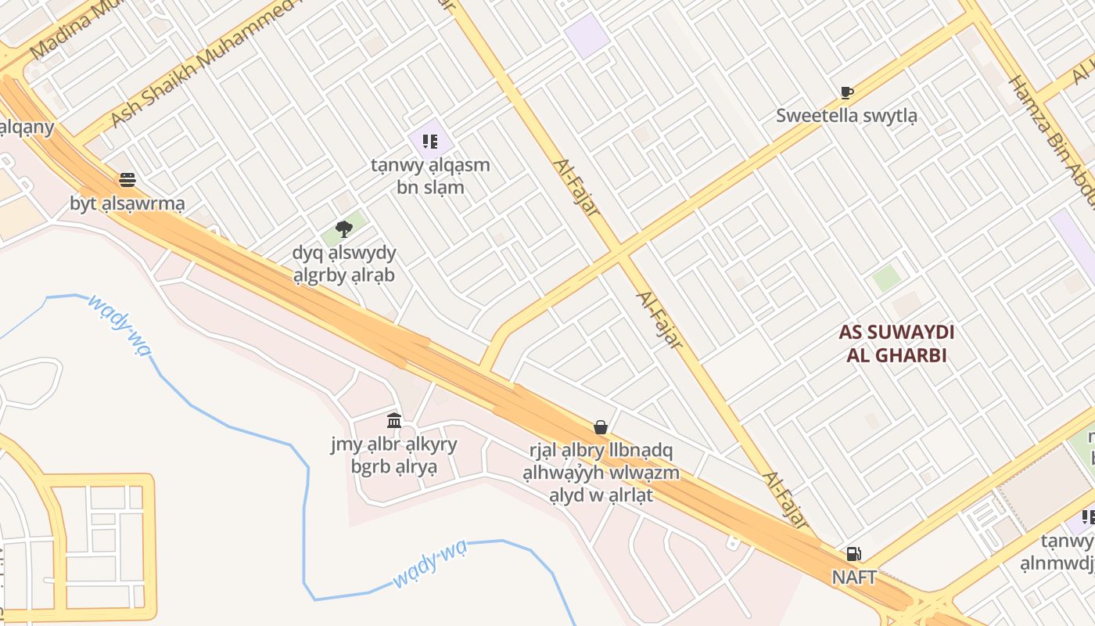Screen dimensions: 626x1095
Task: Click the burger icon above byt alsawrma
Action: [x=127, y=180]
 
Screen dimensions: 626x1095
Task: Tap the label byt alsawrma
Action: [x=127, y=204]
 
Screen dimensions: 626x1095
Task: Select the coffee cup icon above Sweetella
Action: [x=846, y=92]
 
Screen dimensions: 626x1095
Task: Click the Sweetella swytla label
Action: [x=846, y=116]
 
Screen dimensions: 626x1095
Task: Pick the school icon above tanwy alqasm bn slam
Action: [x=430, y=142]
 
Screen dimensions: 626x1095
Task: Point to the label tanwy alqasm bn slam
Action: [x=430, y=176]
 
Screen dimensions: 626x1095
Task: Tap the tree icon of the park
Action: [x=343, y=228]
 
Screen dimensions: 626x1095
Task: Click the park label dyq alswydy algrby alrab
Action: [x=344, y=264]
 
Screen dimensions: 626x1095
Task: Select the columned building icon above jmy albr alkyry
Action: [x=394, y=421]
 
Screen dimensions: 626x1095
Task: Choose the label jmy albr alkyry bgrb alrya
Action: [x=394, y=456]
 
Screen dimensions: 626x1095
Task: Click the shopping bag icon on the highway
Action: [x=601, y=427]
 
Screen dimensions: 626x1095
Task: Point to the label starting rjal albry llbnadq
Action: [x=601, y=473]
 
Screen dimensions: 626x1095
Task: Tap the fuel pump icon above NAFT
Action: [x=853, y=554]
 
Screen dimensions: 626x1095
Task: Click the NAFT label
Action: [x=853, y=577]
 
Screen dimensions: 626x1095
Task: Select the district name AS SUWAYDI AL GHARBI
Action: [x=896, y=344]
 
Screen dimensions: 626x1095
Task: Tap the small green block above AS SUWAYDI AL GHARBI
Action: [x=886, y=279]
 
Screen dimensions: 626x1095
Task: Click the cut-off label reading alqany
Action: [x=27, y=127]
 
